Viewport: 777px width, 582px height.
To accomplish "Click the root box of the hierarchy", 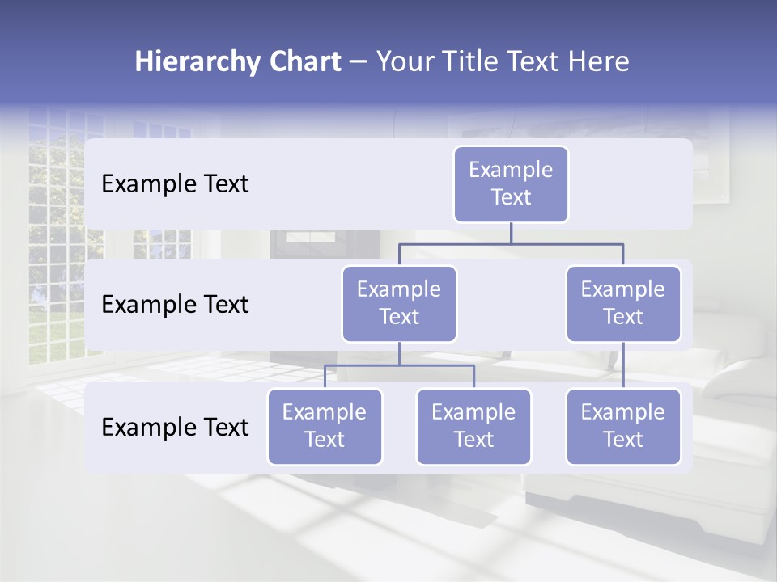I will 511,184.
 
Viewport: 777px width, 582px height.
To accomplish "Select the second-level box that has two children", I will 399,304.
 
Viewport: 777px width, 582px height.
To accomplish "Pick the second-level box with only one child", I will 623,304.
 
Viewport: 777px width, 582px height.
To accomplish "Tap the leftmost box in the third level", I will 325,427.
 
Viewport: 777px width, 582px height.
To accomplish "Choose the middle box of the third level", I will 473,427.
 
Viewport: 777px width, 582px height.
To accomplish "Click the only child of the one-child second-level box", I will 623,427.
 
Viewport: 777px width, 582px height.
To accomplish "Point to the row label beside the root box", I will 175,184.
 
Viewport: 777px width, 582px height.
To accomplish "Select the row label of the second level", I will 175,305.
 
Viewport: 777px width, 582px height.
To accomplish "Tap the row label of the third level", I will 175,428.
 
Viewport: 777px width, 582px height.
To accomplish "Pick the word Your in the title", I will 406,62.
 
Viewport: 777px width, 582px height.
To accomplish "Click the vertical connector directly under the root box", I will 511,233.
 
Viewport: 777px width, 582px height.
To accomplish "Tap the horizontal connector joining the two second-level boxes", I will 511,243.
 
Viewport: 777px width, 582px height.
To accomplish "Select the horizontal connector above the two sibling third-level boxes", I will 399,365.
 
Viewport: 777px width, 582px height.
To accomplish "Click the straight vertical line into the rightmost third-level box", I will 623,365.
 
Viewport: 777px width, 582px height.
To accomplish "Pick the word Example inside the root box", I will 511,170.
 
